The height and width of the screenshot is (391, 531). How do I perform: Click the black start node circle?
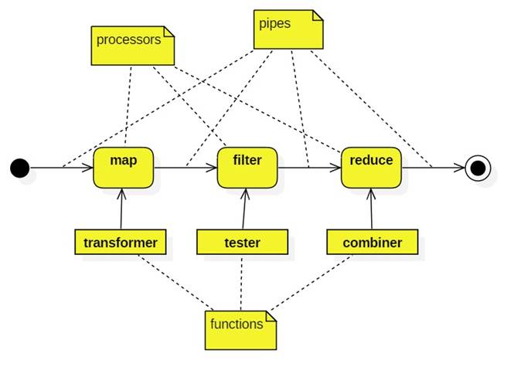20,168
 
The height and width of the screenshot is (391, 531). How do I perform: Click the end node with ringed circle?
478,168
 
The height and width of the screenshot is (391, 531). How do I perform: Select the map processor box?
123,167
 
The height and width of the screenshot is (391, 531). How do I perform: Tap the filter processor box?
247,167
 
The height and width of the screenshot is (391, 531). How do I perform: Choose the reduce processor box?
371,167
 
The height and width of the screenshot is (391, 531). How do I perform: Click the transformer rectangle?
120,242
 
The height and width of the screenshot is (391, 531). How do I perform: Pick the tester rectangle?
242,242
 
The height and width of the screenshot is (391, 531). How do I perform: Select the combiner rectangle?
372,242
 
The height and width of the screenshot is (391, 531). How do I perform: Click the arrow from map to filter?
186,167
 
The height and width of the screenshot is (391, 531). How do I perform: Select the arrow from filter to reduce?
309,167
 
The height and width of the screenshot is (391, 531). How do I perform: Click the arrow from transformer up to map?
121,209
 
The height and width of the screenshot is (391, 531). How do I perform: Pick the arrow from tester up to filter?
244,209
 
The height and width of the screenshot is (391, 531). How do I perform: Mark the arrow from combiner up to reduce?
371,209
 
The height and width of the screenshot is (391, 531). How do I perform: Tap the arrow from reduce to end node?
433,167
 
